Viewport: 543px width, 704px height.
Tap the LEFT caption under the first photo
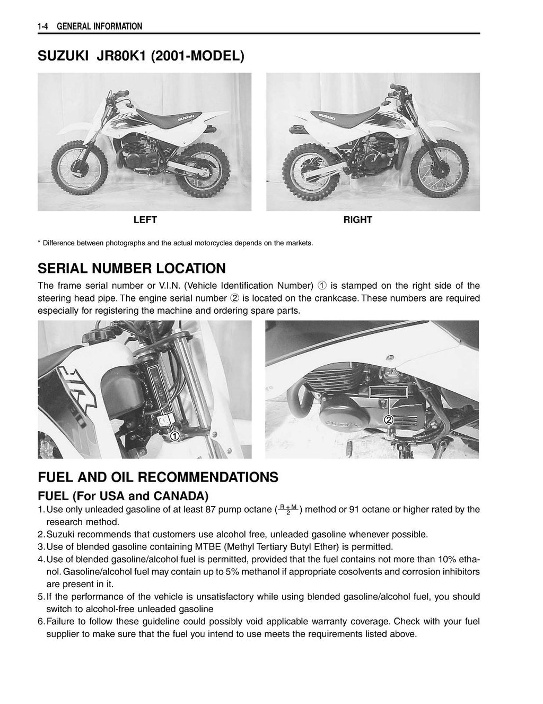coord(144,220)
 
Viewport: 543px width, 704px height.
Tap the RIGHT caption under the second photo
coord(357,220)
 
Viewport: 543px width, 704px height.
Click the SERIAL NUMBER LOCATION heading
coord(132,268)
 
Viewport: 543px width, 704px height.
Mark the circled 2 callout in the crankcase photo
coord(388,419)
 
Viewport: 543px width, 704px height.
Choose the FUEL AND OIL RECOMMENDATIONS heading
coord(157,477)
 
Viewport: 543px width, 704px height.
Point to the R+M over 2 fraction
coord(288,510)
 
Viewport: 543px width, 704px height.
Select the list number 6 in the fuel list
coord(41,621)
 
